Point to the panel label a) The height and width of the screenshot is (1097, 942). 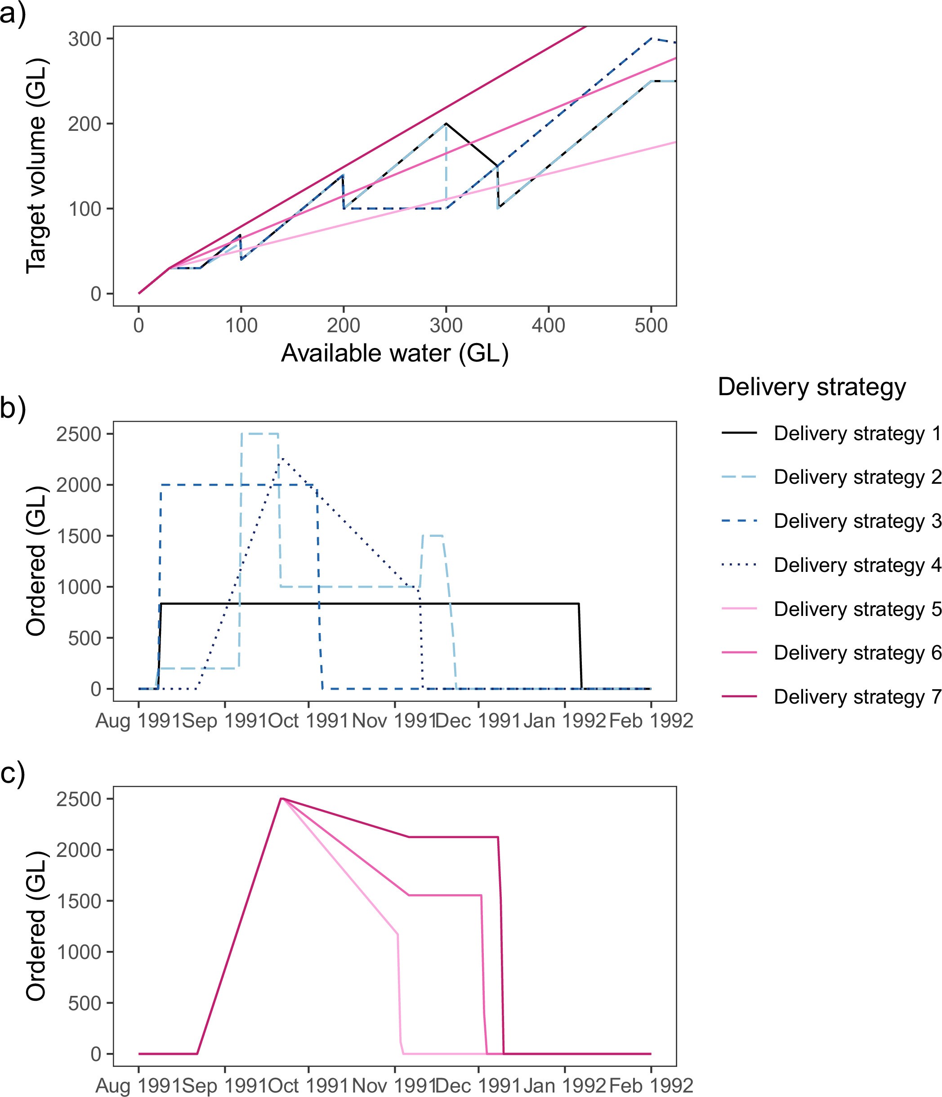(x=13, y=13)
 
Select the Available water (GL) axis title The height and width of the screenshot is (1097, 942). (x=394, y=353)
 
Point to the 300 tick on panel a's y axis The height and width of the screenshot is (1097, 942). (x=84, y=39)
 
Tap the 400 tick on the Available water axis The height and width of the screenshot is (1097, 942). (x=548, y=325)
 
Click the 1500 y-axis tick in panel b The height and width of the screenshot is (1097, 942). (x=78, y=536)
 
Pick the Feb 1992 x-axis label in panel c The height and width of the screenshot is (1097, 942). (x=651, y=1086)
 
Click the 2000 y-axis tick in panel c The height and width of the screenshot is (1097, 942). (x=78, y=850)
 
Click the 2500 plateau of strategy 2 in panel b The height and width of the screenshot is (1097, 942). (x=260, y=433)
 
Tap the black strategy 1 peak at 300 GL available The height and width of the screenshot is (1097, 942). (x=446, y=123)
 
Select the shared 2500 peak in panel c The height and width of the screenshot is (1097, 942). (x=281, y=798)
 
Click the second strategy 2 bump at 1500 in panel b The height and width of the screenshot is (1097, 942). (x=433, y=536)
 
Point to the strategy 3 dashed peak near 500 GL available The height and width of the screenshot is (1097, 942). (x=651, y=39)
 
